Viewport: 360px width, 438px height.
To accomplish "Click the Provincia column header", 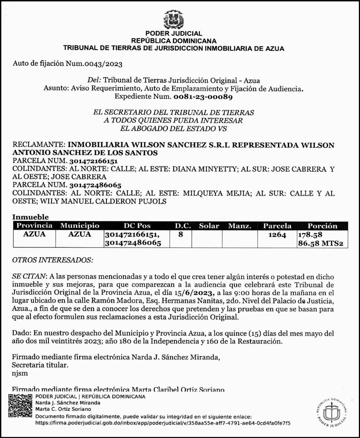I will click(34, 226).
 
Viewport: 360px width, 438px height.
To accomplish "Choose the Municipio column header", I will click(80, 226).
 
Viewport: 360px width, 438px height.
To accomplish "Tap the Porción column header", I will click(322, 226).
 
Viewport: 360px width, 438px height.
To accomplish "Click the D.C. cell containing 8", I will click(180, 235).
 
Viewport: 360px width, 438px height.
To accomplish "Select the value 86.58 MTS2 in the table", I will click(320, 244).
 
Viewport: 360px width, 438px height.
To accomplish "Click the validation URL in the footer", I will click(163, 423).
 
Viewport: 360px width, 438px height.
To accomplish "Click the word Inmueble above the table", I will click(31, 217).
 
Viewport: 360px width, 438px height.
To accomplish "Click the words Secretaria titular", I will click(40, 365).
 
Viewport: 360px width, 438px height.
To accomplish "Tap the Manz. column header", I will click(240, 226).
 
